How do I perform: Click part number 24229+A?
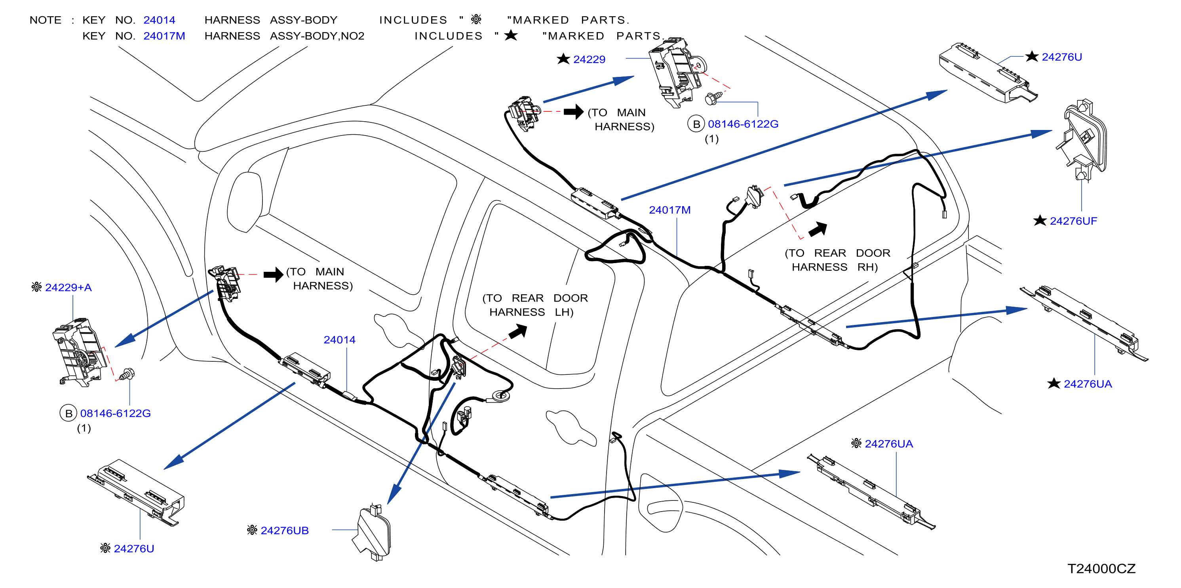pos(68,288)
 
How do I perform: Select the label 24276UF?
pos(1073,221)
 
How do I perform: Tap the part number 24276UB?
pos(285,531)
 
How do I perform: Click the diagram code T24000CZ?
pos(1101,569)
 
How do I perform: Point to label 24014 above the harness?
pos(339,340)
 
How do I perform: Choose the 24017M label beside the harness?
pos(669,210)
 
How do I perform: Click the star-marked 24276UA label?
pos(1088,384)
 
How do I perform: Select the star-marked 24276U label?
pos(1062,57)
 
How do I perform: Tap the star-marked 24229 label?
pos(589,59)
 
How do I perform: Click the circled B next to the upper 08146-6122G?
pos(696,124)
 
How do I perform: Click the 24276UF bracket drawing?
pos(1082,140)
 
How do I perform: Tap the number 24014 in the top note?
pos(159,20)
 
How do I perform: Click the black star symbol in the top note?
pos(511,35)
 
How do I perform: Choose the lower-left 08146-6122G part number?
pos(116,413)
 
